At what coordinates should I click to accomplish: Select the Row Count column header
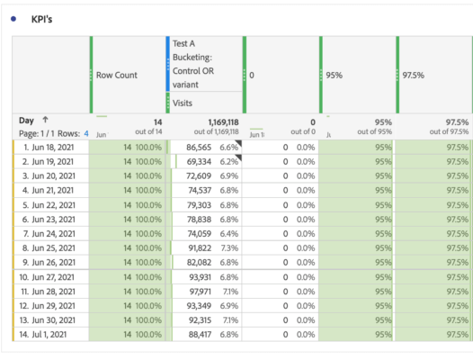tap(117, 75)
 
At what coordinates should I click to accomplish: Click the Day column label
tap(26, 120)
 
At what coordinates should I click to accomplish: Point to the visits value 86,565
tap(194, 146)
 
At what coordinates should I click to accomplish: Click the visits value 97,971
tap(194, 292)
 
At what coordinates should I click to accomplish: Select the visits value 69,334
tap(194, 160)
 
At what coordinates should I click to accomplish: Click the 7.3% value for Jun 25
tap(229, 247)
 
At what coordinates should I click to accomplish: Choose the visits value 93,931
tap(194, 277)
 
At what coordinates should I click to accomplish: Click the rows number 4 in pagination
tap(86, 133)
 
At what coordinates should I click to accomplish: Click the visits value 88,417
tap(194, 336)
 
